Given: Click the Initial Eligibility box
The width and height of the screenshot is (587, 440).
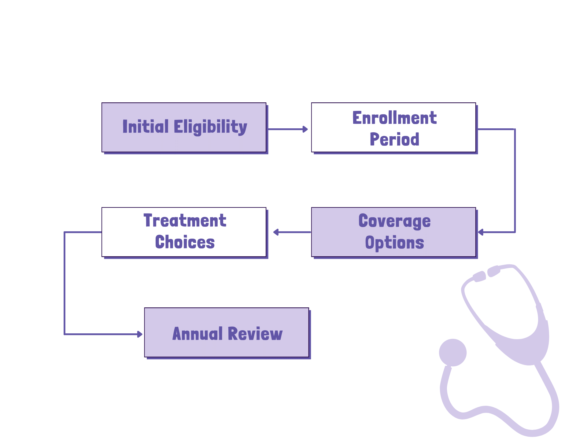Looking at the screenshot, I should pos(184,127).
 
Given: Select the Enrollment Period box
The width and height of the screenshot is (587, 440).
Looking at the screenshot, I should pos(393,127).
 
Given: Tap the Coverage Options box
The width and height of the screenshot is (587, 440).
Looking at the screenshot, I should pos(393,232).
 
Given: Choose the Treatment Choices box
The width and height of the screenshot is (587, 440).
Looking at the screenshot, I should pos(184,232).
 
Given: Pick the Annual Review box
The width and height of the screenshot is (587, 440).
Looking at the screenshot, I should pos(227,332).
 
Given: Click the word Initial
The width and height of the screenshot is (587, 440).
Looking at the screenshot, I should pos(146,127).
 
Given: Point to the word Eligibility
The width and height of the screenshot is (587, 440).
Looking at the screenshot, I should pos(210,127).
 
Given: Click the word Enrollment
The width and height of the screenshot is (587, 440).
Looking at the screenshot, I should pos(394,118).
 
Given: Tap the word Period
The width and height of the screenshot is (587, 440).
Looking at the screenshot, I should pos(394,139).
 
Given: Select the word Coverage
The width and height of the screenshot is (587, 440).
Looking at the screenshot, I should pos(394,221).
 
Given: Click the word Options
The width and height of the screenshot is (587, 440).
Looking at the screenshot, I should pos(394,243).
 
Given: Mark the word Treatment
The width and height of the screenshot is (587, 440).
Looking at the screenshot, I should pos(185,221).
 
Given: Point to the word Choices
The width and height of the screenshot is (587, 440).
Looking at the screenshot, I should pos(185,242).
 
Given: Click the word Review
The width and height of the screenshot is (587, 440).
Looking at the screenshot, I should pos(255,334).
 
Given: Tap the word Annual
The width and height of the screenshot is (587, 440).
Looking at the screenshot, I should pos(198,334).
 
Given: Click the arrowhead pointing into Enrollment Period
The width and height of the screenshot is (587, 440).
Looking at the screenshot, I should pos(305,129).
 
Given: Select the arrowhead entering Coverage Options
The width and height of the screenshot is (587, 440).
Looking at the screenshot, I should pos(481,232).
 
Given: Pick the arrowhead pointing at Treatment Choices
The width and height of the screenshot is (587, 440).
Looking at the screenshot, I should pos(276,232).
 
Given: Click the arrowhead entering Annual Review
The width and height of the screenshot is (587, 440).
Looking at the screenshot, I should pos(139,334).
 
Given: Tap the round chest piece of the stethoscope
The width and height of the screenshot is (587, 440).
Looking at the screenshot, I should pos(452,352).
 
